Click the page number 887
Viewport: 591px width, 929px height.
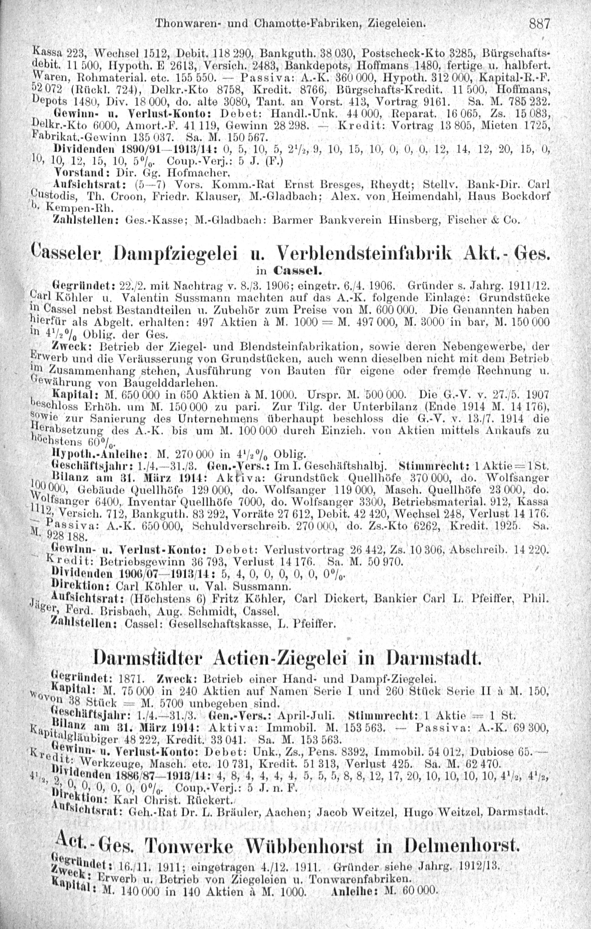pyautogui.click(x=539, y=24)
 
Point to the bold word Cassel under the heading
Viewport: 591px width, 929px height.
pyautogui.click(x=299, y=270)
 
